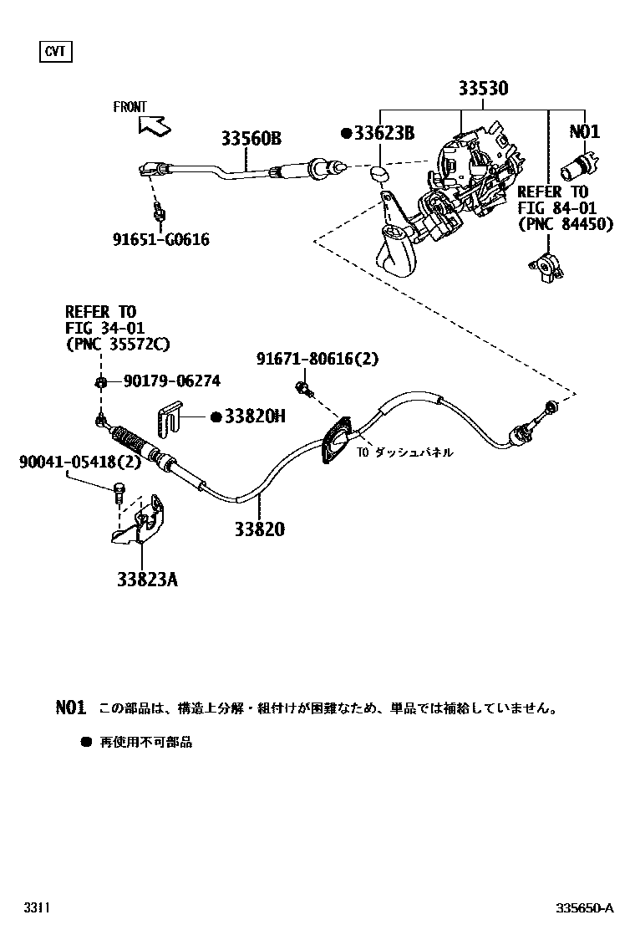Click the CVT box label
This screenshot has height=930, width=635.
pos(55,53)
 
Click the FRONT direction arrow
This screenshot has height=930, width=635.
pos(155,125)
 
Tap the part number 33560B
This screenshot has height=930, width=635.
pos(251,139)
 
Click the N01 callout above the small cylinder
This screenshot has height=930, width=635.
pos(585,131)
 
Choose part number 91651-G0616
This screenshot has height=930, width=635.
pos(160,240)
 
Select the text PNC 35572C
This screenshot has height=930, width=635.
pos(117,345)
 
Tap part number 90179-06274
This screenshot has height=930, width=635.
pos(171,381)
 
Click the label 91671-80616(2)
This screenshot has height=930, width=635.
pos(317,359)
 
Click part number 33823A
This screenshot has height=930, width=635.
pos(147,578)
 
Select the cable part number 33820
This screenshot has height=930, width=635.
pos(259,529)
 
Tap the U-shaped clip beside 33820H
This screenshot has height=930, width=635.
pos(170,417)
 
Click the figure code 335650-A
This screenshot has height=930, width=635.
pos(585,908)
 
